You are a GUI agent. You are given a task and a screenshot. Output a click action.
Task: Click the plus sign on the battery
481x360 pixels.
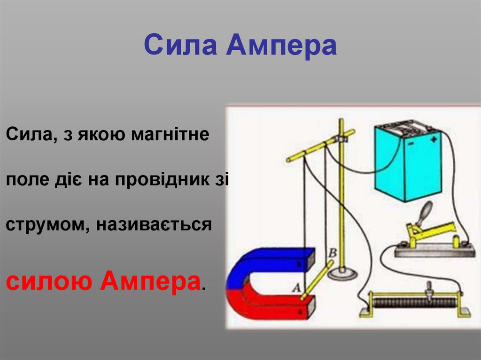[x=433, y=139]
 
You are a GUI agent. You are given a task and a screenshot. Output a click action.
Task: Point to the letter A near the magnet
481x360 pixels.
[x=296, y=288]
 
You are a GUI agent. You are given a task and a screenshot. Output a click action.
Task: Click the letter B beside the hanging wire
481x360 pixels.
[x=332, y=253]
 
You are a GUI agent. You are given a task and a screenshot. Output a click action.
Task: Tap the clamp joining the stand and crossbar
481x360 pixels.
[x=341, y=138]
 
